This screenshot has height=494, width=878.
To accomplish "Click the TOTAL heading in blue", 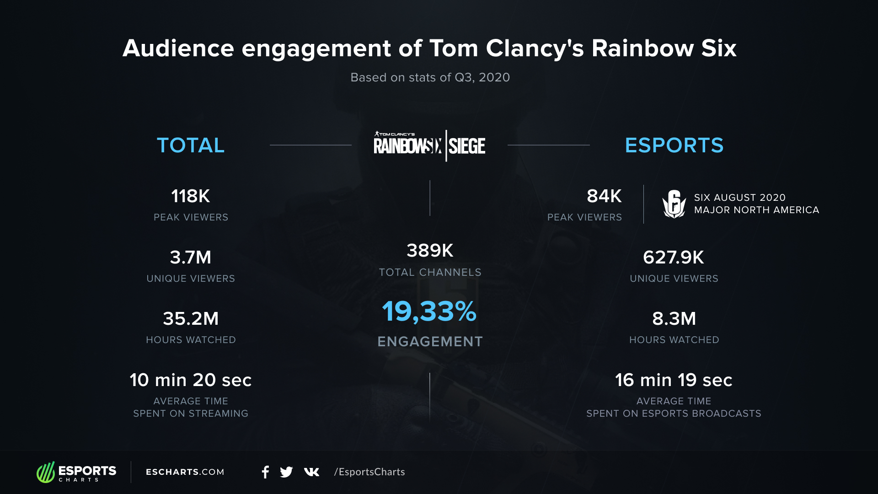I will [191, 145].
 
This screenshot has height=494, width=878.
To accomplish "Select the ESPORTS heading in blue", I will [674, 145].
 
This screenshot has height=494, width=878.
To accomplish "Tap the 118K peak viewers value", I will [191, 196].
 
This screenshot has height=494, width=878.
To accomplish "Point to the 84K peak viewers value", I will [604, 196].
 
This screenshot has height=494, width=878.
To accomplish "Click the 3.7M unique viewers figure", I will [191, 258].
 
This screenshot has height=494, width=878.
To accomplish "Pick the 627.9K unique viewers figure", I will [674, 258].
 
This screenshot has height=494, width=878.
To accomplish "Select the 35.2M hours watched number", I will [191, 319].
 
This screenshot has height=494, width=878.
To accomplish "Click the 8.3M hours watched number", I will [674, 319].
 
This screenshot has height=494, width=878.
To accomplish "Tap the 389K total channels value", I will [430, 251].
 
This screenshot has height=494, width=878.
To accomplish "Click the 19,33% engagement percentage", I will [429, 312].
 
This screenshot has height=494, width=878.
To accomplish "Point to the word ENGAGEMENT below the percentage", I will [430, 342].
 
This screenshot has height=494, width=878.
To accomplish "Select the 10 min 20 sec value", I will [191, 380].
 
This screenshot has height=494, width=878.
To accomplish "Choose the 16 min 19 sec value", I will [674, 380].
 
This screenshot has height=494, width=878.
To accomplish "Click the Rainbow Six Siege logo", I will [429, 145].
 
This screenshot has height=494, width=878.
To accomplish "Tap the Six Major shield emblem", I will [674, 204].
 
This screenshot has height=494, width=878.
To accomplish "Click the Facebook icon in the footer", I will [265, 472].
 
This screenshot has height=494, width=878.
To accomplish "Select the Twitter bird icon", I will [286, 472].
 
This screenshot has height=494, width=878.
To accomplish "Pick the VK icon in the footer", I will [311, 472].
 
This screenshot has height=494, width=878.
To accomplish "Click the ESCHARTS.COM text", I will [185, 472].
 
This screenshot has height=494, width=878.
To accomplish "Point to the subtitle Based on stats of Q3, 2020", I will [430, 77].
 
